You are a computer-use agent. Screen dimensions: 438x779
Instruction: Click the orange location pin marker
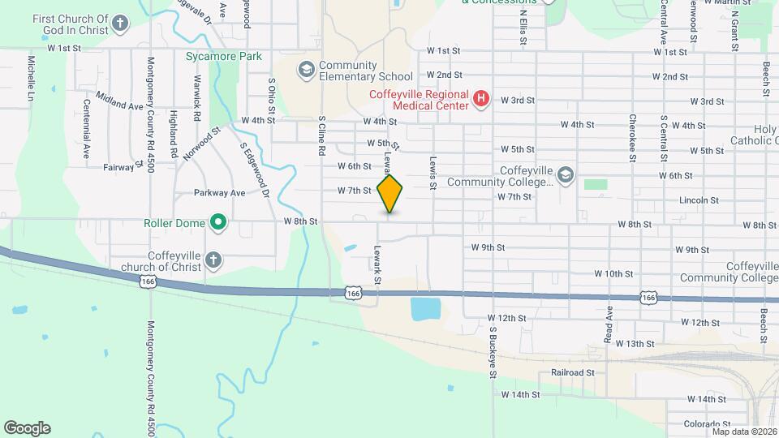(x=389, y=192)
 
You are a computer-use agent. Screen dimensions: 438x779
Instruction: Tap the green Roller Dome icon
(x=217, y=221)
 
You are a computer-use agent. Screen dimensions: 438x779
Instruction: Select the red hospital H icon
(x=481, y=100)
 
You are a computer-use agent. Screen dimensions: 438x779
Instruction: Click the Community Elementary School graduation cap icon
(x=306, y=70)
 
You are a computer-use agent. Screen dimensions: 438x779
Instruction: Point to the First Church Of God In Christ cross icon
(x=120, y=23)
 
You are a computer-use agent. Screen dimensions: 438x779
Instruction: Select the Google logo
(x=27, y=427)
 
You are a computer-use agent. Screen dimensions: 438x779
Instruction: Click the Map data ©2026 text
(x=741, y=432)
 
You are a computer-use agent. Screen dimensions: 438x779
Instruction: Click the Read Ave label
(x=609, y=324)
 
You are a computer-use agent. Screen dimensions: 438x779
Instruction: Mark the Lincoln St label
(x=678, y=200)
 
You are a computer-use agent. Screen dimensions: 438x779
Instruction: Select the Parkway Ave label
(x=219, y=193)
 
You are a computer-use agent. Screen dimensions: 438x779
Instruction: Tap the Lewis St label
(x=433, y=174)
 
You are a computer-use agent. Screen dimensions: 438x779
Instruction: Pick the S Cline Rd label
(x=321, y=135)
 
